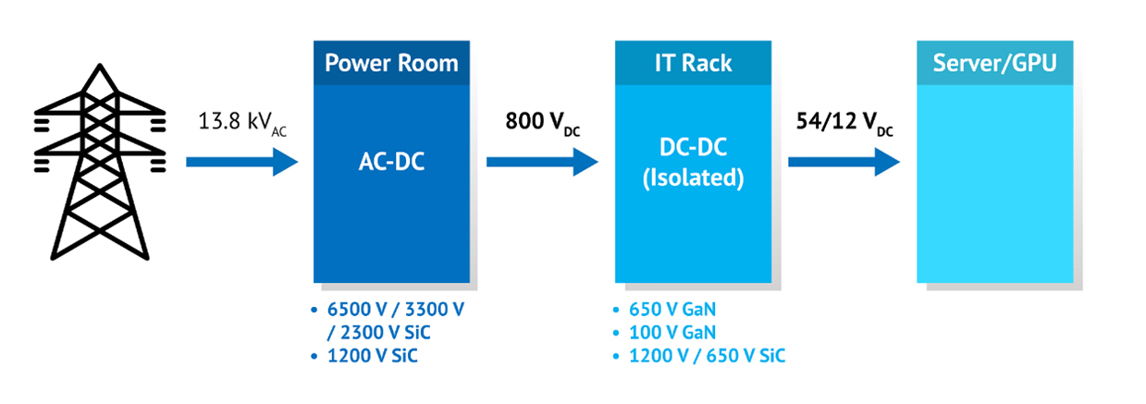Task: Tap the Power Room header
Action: coord(391,64)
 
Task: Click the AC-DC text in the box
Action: coord(391,163)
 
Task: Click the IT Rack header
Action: coord(693,64)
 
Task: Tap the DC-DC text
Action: coord(694,151)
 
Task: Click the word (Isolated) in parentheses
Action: coord(694,178)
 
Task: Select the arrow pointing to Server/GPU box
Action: coord(844,163)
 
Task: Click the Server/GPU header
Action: coord(994,64)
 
